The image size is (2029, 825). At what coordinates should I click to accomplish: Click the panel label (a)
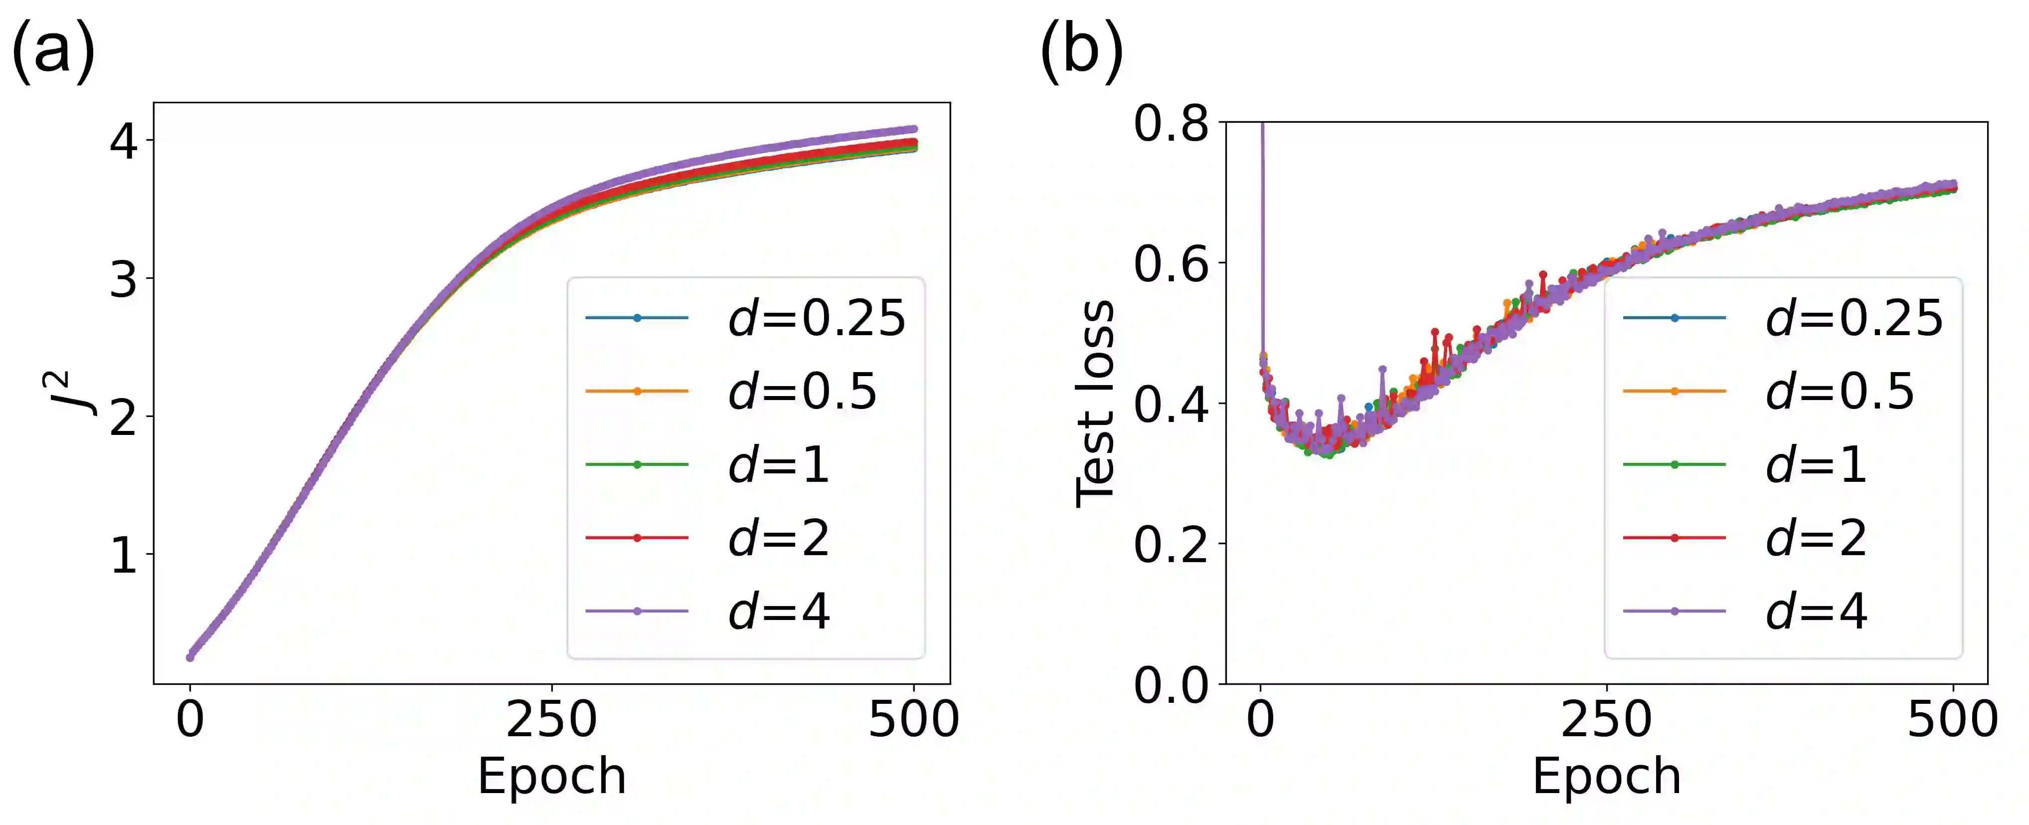[x=53, y=51]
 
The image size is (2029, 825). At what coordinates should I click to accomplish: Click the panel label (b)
[x=1081, y=51]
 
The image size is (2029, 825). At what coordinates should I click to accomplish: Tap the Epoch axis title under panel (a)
[x=551, y=776]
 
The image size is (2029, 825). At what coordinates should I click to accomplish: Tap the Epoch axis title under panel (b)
[x=1606, y=776]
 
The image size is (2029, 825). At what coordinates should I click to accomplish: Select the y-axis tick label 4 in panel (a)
[x=124, y=142]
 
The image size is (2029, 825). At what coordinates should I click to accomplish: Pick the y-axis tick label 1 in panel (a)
[x=124, y=556]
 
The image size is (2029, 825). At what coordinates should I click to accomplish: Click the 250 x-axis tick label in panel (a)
[x=551, y=719]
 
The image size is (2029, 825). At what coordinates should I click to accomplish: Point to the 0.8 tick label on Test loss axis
[x=1171, y=124]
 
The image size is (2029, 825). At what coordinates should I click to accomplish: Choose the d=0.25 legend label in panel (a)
[x=817, y=318]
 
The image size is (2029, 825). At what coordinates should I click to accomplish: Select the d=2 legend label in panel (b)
[x=1816, y=538]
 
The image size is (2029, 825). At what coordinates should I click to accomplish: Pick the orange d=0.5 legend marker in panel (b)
[x=1675, y=392]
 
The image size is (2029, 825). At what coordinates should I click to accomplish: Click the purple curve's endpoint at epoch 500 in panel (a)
[x=914, y=129]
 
